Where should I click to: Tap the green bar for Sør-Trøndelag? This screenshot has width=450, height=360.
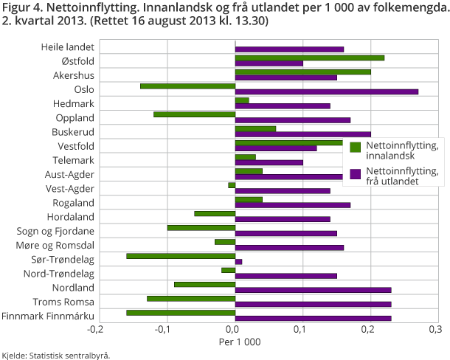click(180, 256)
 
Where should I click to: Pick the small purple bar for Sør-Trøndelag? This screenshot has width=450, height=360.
click(238, 262)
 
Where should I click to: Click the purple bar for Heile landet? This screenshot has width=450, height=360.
click(289, 49)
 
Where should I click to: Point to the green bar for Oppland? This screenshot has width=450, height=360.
click(194, 114)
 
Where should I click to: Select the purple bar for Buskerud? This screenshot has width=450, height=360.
click(302, 134)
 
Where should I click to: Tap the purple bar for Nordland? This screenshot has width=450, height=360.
click(313, 290)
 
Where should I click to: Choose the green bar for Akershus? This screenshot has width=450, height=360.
click(302, 72)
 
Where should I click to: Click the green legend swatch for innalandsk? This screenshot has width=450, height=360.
click(355, 147)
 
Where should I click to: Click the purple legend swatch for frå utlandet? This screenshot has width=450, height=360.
click(355, 174)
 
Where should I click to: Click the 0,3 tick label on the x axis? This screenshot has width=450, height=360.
click(438, 330)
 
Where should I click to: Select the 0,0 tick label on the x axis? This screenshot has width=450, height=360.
click(234, 330)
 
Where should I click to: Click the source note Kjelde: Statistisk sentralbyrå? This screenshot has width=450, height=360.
click(56, 355)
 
